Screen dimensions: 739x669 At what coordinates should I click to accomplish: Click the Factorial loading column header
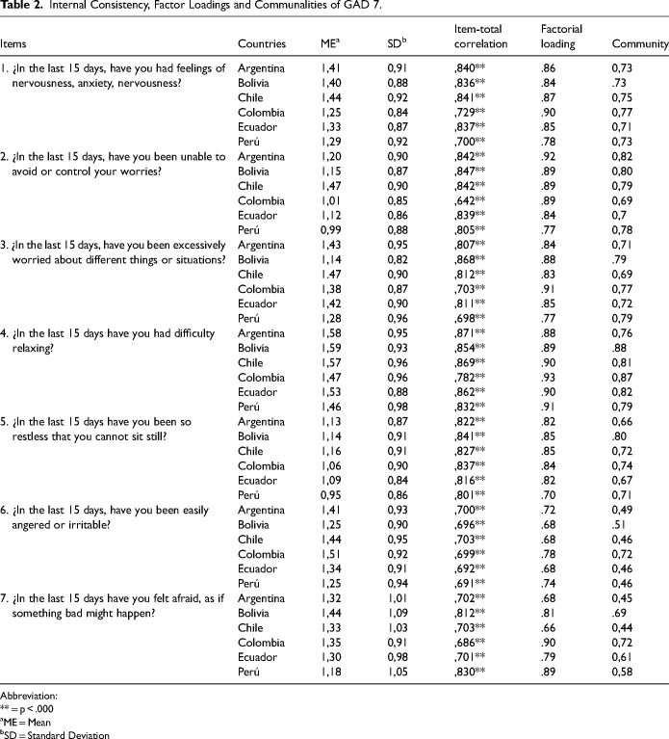coord(561,37)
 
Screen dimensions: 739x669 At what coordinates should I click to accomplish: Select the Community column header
coord(640,44)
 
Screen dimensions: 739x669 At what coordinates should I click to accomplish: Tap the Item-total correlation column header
coord(481,37)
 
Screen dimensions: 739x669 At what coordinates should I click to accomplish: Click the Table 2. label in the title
coord(21,9)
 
